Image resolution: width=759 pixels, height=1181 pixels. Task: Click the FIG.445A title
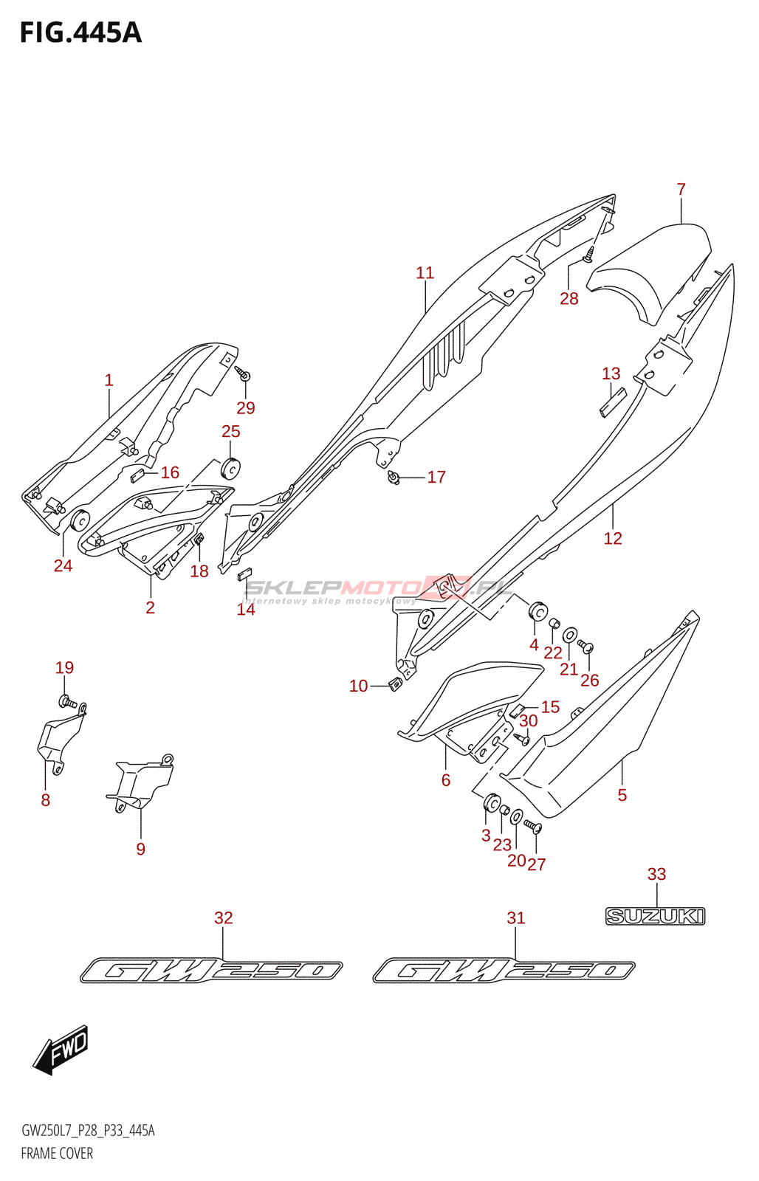pos(80,33)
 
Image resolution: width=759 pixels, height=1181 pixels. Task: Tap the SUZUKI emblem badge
pos(655,916)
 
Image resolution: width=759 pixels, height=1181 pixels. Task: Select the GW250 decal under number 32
pos(211,970)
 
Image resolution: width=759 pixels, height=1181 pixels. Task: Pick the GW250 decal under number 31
pos(504,970)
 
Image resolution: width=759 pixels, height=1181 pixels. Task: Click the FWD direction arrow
pos(62,1049)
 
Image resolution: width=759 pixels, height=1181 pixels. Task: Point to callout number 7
pos(681,190)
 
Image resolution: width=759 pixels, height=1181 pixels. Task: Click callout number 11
pos(425,273)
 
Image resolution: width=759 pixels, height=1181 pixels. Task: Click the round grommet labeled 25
pos(231,468)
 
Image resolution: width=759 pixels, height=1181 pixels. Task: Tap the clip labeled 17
pos(394,478)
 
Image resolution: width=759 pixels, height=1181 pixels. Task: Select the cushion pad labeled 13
pos(612,402)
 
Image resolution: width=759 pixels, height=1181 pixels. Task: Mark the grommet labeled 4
pos(537,612)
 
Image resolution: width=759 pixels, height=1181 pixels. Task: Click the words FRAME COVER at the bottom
pos(57,1153)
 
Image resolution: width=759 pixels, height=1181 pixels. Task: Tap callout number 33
pos(656,875)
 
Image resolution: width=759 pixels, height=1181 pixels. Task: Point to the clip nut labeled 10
pos(395,684)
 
